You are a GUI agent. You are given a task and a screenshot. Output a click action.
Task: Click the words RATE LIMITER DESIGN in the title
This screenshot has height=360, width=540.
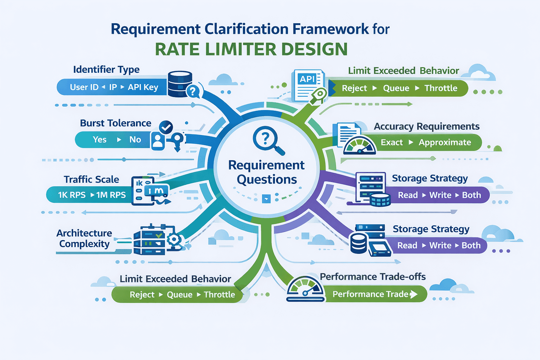point(251,49)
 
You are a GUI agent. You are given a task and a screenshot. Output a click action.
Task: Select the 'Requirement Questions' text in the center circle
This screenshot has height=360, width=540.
point(266,172)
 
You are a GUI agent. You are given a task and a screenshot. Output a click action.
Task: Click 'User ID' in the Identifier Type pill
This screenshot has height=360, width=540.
point(84,87)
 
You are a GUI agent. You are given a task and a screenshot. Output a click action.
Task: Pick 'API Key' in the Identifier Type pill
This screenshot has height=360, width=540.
point(143,87)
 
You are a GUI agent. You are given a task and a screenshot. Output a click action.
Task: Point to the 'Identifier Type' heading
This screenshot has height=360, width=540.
point(106,70)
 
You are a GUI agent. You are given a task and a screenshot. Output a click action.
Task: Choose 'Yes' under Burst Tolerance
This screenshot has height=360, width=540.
point(99,140)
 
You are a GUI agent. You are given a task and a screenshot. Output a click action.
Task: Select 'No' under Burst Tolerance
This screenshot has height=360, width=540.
point(135,140)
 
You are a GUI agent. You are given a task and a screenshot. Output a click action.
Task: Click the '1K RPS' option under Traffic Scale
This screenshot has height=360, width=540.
point(72,195)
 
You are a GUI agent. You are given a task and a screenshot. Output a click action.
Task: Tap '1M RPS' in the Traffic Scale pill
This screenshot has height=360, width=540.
point(111,195)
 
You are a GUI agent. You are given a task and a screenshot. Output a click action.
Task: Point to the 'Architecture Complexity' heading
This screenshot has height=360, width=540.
point(84,238)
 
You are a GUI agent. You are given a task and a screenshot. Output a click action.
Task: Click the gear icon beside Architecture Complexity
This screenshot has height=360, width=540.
point(174,240)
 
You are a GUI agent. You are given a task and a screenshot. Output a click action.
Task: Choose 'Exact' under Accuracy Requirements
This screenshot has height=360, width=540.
point(392,142)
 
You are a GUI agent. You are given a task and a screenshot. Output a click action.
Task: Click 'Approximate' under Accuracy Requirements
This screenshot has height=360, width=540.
point(445,142)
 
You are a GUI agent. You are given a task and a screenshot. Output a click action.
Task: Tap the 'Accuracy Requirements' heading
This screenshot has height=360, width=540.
point(426,126)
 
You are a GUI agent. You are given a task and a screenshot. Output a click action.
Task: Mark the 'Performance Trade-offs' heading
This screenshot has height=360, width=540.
point(373,277)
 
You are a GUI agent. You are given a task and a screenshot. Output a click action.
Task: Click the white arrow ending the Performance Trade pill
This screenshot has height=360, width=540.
point(414,294)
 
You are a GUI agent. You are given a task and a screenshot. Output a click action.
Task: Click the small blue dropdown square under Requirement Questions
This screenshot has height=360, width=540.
point(266,199)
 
